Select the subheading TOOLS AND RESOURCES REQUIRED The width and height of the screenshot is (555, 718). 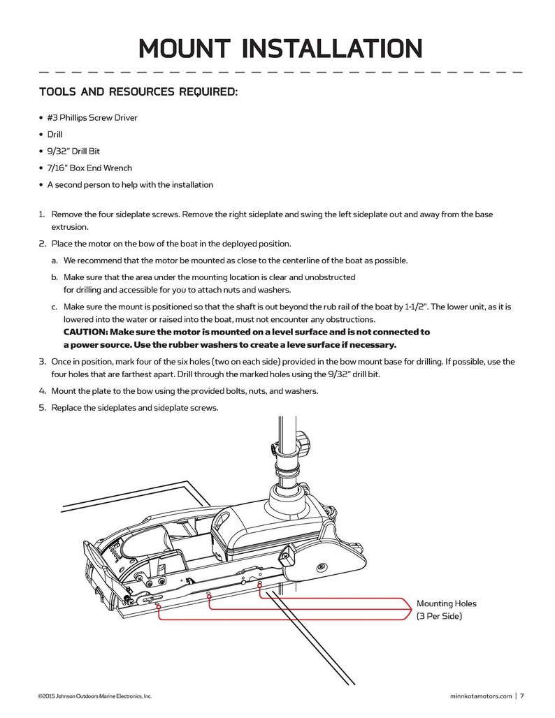138,91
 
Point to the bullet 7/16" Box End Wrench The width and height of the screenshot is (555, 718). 89,168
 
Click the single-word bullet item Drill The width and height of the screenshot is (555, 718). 55,134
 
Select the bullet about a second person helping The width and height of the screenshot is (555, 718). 129,185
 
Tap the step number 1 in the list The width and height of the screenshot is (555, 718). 41,214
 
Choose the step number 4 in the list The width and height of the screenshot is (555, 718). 41,390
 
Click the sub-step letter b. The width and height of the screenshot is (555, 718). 54,277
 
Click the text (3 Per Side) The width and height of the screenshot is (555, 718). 439,617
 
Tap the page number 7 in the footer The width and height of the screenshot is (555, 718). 521,695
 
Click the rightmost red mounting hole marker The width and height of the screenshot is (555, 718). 260,585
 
